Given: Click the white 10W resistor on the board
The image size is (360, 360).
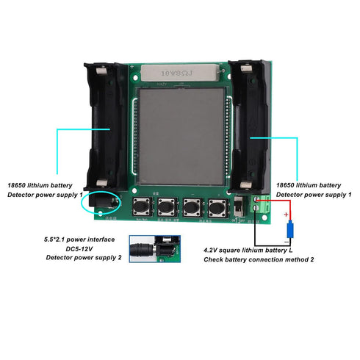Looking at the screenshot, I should point(179,74).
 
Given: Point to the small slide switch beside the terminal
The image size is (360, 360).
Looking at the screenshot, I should point(240,207).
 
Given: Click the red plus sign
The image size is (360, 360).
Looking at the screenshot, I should point(287,214).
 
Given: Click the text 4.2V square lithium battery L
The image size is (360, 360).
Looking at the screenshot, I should point(255,250).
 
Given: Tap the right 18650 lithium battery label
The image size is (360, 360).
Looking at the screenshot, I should point(308,185).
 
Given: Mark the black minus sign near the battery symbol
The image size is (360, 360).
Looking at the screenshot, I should point(287,240).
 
